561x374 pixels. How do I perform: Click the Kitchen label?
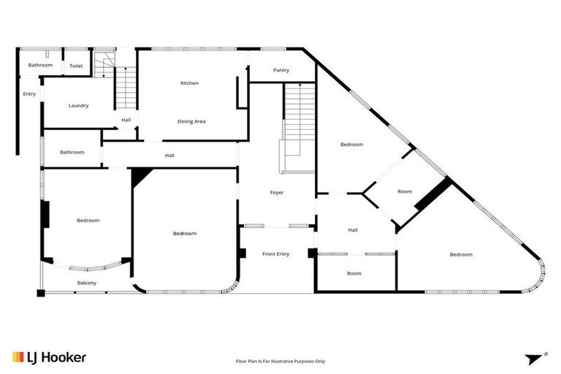[x=189, y=83]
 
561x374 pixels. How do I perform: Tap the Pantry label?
[x=281, y=71]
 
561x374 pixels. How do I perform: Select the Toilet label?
[x=76, y=66]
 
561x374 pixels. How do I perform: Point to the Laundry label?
[x=78, y=106]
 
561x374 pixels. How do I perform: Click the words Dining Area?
[x=191, y=121]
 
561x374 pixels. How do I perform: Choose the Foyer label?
[x=276, y=192]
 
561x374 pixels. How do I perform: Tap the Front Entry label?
[x=275, y=253]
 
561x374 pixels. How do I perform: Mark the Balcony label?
[x=87, y=283]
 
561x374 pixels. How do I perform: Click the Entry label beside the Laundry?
[x=29, y=93]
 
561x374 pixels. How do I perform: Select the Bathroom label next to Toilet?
[x=40, y=65]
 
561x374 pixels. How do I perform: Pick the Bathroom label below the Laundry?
[x=72, y=152]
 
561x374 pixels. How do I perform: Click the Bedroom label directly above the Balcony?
[x=88, y=220]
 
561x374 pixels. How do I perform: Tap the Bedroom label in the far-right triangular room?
[x=461, y=254]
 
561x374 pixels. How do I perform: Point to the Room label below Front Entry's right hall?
[x=354, y=273]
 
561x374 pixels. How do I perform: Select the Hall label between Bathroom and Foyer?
[x=169, y=155]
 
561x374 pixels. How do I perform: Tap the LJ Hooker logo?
[x=49, y=357]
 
